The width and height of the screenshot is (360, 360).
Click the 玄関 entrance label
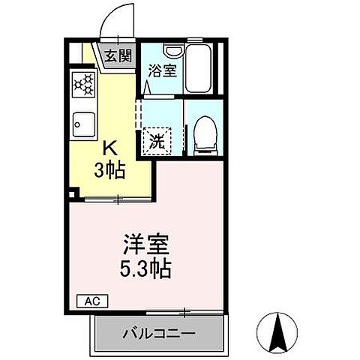pyautogui.click(x=117, y=55)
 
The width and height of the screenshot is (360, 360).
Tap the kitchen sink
pyautogui.click(x=82, y=121)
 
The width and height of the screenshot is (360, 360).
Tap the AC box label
pyautogui.click(x=92, y=302)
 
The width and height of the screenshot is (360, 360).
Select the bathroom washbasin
pyautogui.click(x=173, y=52)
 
